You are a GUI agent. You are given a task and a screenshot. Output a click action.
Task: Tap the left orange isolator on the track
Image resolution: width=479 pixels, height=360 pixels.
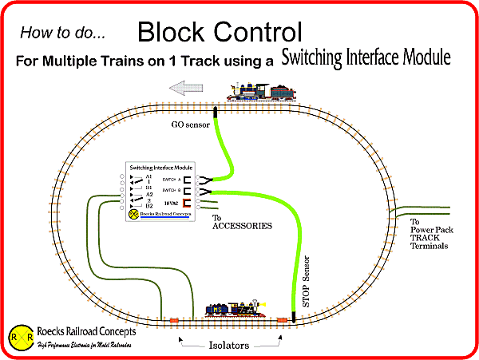(x=173, y=321)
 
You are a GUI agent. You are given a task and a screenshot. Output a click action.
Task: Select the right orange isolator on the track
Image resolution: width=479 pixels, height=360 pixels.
(x=282, y=319)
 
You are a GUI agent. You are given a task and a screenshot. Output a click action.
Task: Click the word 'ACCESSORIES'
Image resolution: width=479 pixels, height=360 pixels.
(x=243, y=226)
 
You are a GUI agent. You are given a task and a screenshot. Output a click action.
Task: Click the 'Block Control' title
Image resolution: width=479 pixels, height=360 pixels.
(x=220, y=33)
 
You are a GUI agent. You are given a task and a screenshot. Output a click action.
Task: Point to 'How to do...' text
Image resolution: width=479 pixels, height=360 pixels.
(x=61, y=34)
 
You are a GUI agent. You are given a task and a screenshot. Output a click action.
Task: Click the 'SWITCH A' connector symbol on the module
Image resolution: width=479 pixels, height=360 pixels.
(x=185, y=180)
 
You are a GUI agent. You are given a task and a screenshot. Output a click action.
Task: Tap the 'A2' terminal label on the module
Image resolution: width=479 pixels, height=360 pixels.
(x=148, y=194)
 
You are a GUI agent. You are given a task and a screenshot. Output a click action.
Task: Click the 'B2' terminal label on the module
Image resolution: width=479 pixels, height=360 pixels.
(x=148, y=206)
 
